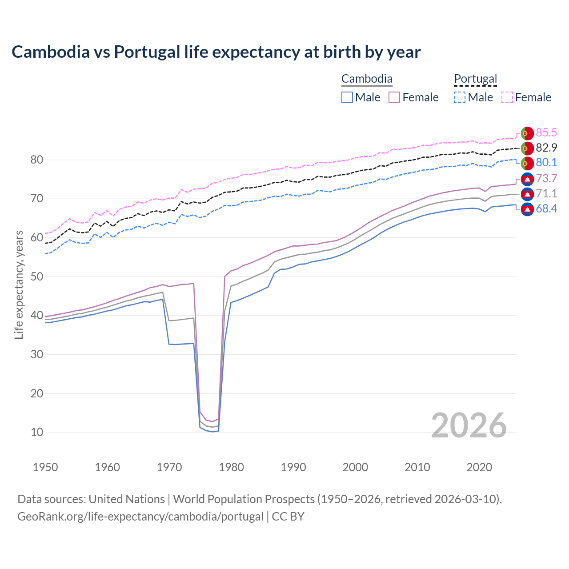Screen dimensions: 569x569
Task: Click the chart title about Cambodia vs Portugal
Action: [216, 52]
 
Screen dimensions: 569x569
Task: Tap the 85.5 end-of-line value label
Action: [546, 132]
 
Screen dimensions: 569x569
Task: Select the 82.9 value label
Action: [546, 148]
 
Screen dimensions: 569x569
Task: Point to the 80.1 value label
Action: [546, 162]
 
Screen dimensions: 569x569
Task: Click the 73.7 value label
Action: [546, 178]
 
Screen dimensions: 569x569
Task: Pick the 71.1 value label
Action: [546, 193]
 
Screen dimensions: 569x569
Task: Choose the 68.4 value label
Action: [546, 208]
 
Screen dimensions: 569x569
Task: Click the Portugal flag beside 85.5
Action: [527, 133]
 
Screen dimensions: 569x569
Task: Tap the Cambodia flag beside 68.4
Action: [527, 209]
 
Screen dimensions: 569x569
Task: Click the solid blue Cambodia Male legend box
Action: [347, 97]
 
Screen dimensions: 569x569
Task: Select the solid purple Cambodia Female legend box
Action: [394, 97]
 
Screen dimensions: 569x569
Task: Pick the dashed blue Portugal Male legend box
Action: [460, 97]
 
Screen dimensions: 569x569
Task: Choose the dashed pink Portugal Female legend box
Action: [507, 97]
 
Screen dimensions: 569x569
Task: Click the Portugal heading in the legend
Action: [475, 79]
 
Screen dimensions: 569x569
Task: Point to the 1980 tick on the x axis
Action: [232, 467]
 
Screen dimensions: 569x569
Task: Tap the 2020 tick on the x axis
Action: [479, 467]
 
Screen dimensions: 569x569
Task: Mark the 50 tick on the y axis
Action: [37, 276]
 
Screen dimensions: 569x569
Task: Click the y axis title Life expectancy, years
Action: [19, 284]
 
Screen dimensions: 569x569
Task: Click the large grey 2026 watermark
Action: [469, 425]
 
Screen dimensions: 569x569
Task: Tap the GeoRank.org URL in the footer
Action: [140, 517]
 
